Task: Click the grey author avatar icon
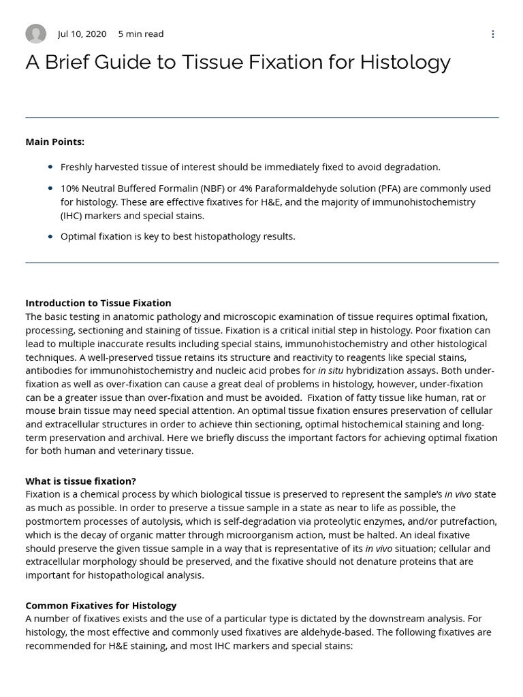35,33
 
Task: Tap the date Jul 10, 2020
82,34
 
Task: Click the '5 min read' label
141,34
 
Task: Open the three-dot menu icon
493,34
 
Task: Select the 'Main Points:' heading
55,142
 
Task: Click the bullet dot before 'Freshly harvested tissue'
50,167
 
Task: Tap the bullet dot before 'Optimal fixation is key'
50,236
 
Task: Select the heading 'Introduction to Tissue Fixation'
98,303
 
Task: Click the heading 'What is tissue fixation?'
80,481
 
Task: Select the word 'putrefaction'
467,521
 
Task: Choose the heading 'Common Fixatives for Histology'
101,605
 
